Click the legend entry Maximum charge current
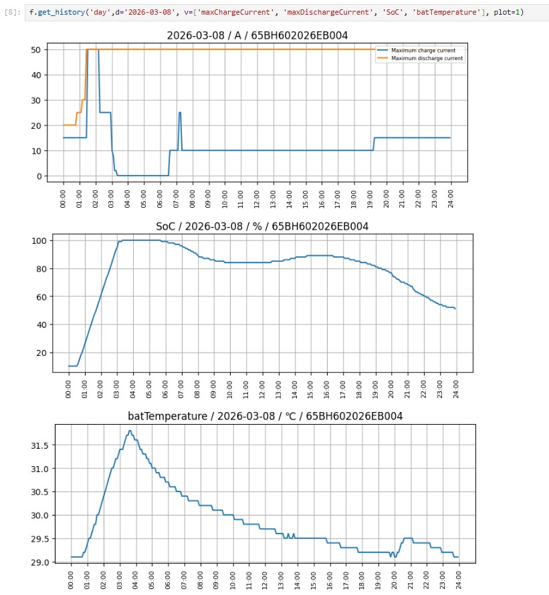(421, 51)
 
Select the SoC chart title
(262, 226)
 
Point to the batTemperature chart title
(265, 416)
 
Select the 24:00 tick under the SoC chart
(455, 387)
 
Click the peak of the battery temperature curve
(130, 431)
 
